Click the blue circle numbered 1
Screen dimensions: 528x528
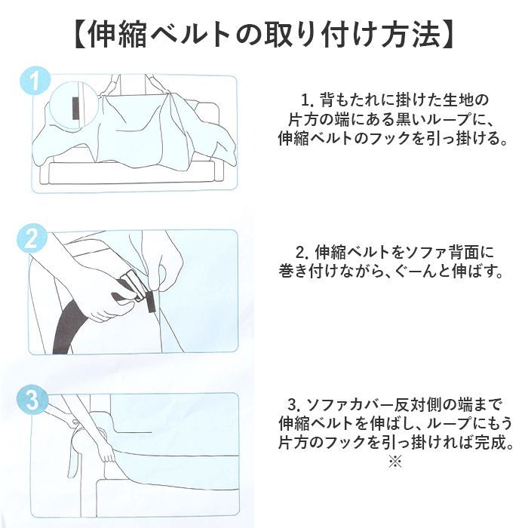[x=35, y=81]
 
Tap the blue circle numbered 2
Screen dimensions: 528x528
[x=32, y=238]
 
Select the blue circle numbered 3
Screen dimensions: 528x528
[x=32, y=401]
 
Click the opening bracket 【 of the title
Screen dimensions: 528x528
[x=79, y=35]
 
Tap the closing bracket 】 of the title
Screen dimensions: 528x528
[x=448, y=35]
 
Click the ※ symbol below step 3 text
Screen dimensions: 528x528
[x=395, y=461]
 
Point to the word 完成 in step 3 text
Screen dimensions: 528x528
[x=491, y=444]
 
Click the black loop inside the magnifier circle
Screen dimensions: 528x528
[x=76, y=108]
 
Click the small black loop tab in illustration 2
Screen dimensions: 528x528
[x=150, y=302]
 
